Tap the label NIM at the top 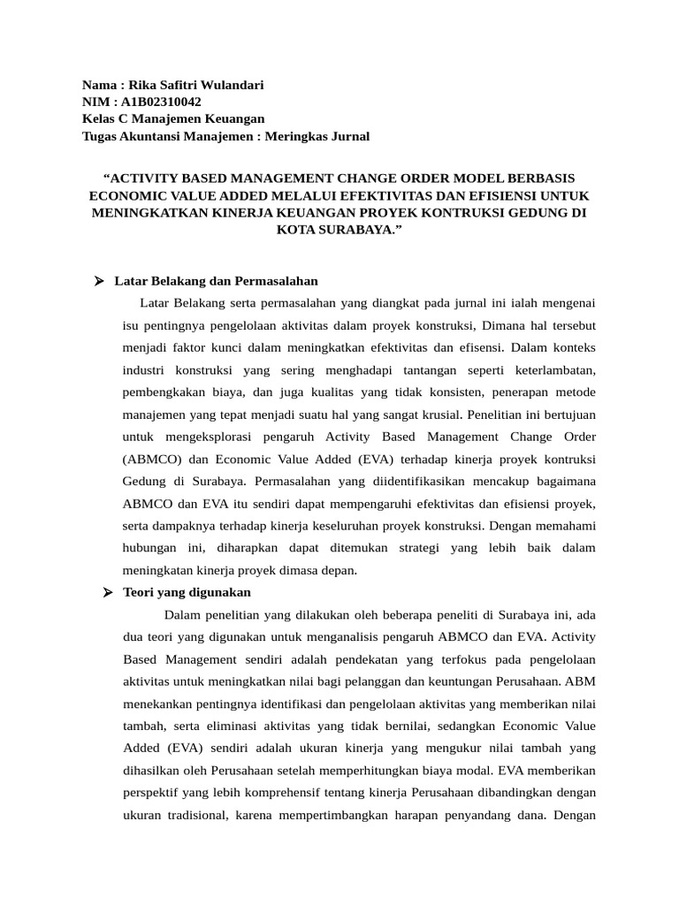click(95, 102)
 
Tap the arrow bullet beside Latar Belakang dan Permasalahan click(100, 282)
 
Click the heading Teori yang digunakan click(183, 592)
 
